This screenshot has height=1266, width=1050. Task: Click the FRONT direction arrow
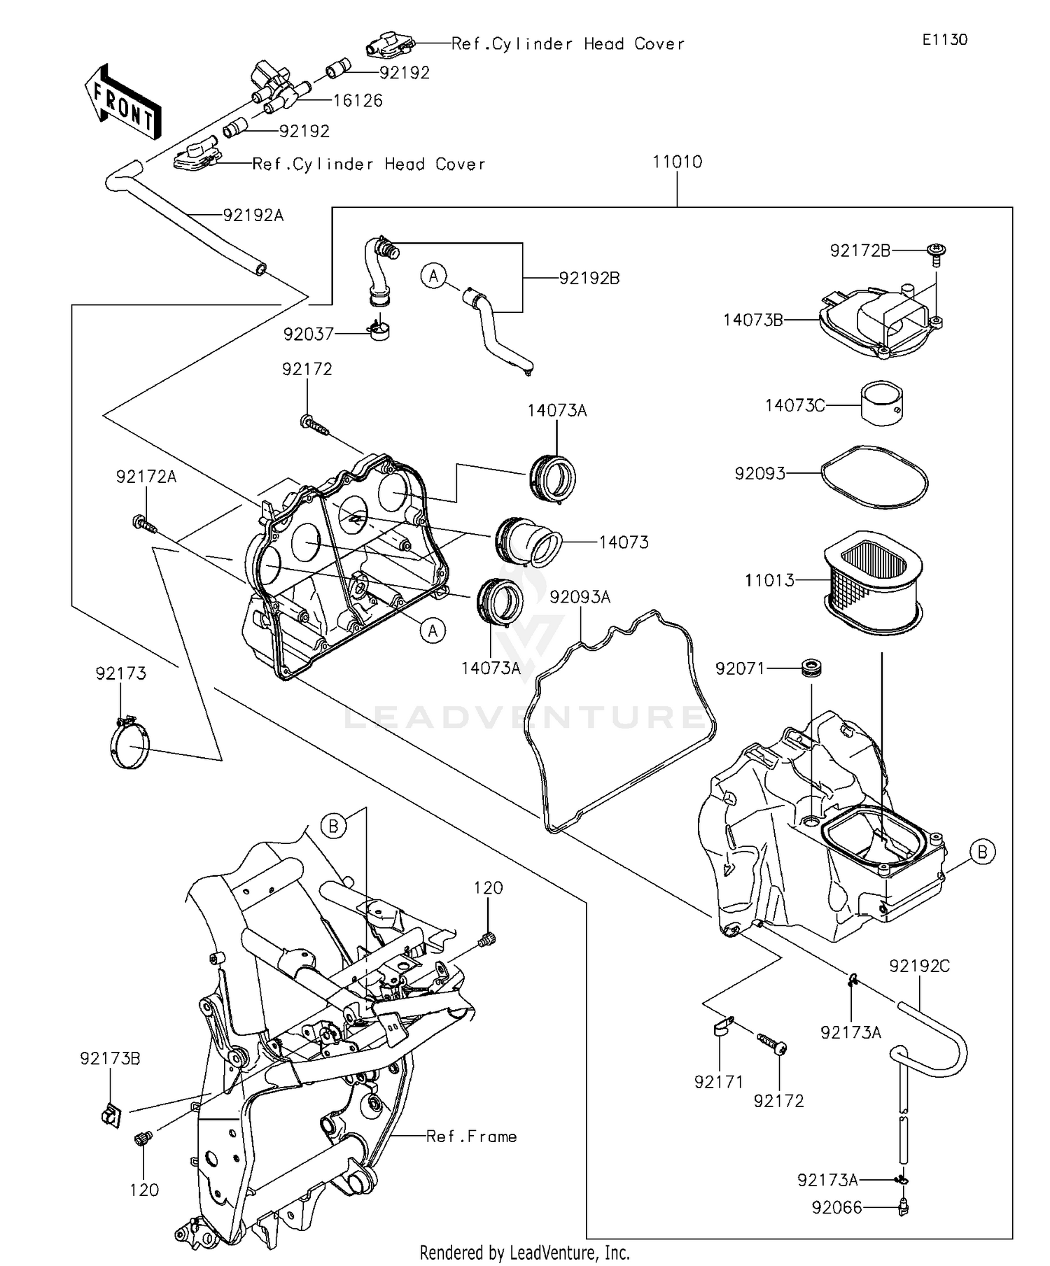click(x=122, y=104)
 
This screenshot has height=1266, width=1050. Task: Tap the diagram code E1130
click(x=944, y=40)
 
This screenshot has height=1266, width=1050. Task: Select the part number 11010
click(x=677, y=162)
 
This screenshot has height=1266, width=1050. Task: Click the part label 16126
click(x=358, y=101)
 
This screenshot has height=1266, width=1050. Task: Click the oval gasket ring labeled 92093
click(x=874, y=478)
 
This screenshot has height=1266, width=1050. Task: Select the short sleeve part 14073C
click(x=881, y=402)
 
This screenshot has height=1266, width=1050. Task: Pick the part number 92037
click(x=308, y=335)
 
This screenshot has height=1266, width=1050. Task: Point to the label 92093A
click(x=580, y=597)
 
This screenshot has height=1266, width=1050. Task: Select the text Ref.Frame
click(x=471, y=1137)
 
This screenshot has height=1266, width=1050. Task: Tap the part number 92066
click(x=836, y=1208)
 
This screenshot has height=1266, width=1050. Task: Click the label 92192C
click(x=919, y=966)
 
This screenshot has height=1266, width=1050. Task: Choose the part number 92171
click(x=718, y=1082)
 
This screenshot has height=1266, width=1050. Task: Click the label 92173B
click(x=110, y=1059)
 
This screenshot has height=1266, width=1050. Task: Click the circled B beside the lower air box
click(x=982, y=852)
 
